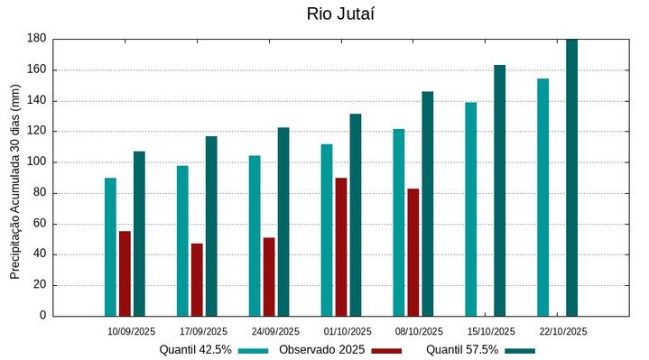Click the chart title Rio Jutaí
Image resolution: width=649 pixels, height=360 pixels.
pyautogui.click(x=340, y=14)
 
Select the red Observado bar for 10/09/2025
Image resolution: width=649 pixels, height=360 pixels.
pyautogui.click(x=125, y=273)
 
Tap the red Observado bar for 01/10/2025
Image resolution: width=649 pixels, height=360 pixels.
pyautogui.click(x=341, y=246)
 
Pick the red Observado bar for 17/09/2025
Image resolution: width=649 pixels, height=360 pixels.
pyautogui.click(x=197, y=280)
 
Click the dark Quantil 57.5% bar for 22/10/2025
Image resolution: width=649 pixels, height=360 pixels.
pyautogui.click(x=571, y=178)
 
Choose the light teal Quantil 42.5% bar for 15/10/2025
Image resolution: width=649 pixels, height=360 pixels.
pyautogui.click(x=470, y=209)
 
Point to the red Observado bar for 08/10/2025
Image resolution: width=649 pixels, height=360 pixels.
pyautogui.click(x=413, y=252)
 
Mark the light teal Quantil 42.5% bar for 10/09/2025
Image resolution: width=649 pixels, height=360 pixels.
pyautogui.click(x=110, y=246)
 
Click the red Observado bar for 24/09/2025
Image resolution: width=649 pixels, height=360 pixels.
pyautogui.click(x=269, y=276)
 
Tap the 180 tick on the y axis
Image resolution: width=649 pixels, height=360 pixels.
pyautogui.click(x=36, y=39)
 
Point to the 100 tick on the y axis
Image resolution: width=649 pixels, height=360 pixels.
pyautogui.click(x=36, y=162)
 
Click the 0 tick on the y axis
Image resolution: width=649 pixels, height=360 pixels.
pyautogui.click(x=42, y=316)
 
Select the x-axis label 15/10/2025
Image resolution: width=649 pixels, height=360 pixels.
pyautogui.click(x=491, y=331)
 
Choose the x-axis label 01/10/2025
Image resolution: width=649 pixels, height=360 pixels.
pyautogui.click(x=347, y=331)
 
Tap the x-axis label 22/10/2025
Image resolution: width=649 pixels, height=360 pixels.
pyautogui.click(x=563, y=331)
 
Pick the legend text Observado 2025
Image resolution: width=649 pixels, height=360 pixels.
pyautogui.click(x=321, y=349)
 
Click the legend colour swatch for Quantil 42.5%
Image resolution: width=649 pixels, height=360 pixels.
pyautogui.click(x=254, y=350)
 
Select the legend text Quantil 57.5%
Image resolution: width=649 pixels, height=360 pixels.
pyautogui.click(x=462, y=349)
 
